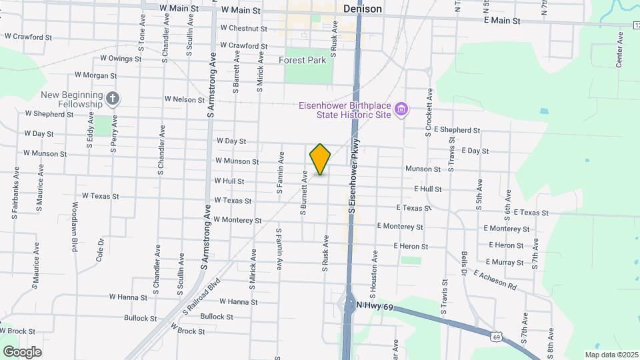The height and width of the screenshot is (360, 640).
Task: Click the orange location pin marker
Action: pos(321,159)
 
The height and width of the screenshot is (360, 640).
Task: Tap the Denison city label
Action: pos(363,9)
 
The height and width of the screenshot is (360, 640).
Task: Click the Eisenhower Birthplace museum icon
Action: pos(401,109)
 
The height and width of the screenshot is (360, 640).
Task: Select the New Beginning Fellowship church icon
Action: pos(113,99)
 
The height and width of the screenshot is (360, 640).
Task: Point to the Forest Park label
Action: pos(303,60)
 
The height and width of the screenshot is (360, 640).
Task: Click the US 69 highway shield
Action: pos(497,337)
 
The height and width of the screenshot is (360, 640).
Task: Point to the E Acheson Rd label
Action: pos(495,280)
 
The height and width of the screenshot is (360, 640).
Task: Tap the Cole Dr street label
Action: pos(101,249)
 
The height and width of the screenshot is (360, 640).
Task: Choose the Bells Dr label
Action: pos(463,264)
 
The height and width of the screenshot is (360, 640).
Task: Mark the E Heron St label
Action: pos(506,245)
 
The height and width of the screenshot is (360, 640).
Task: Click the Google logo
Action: pos(21,351)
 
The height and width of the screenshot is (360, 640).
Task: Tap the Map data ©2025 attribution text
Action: pos(610,355)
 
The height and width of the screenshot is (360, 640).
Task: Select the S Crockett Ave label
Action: pos(429,112)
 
